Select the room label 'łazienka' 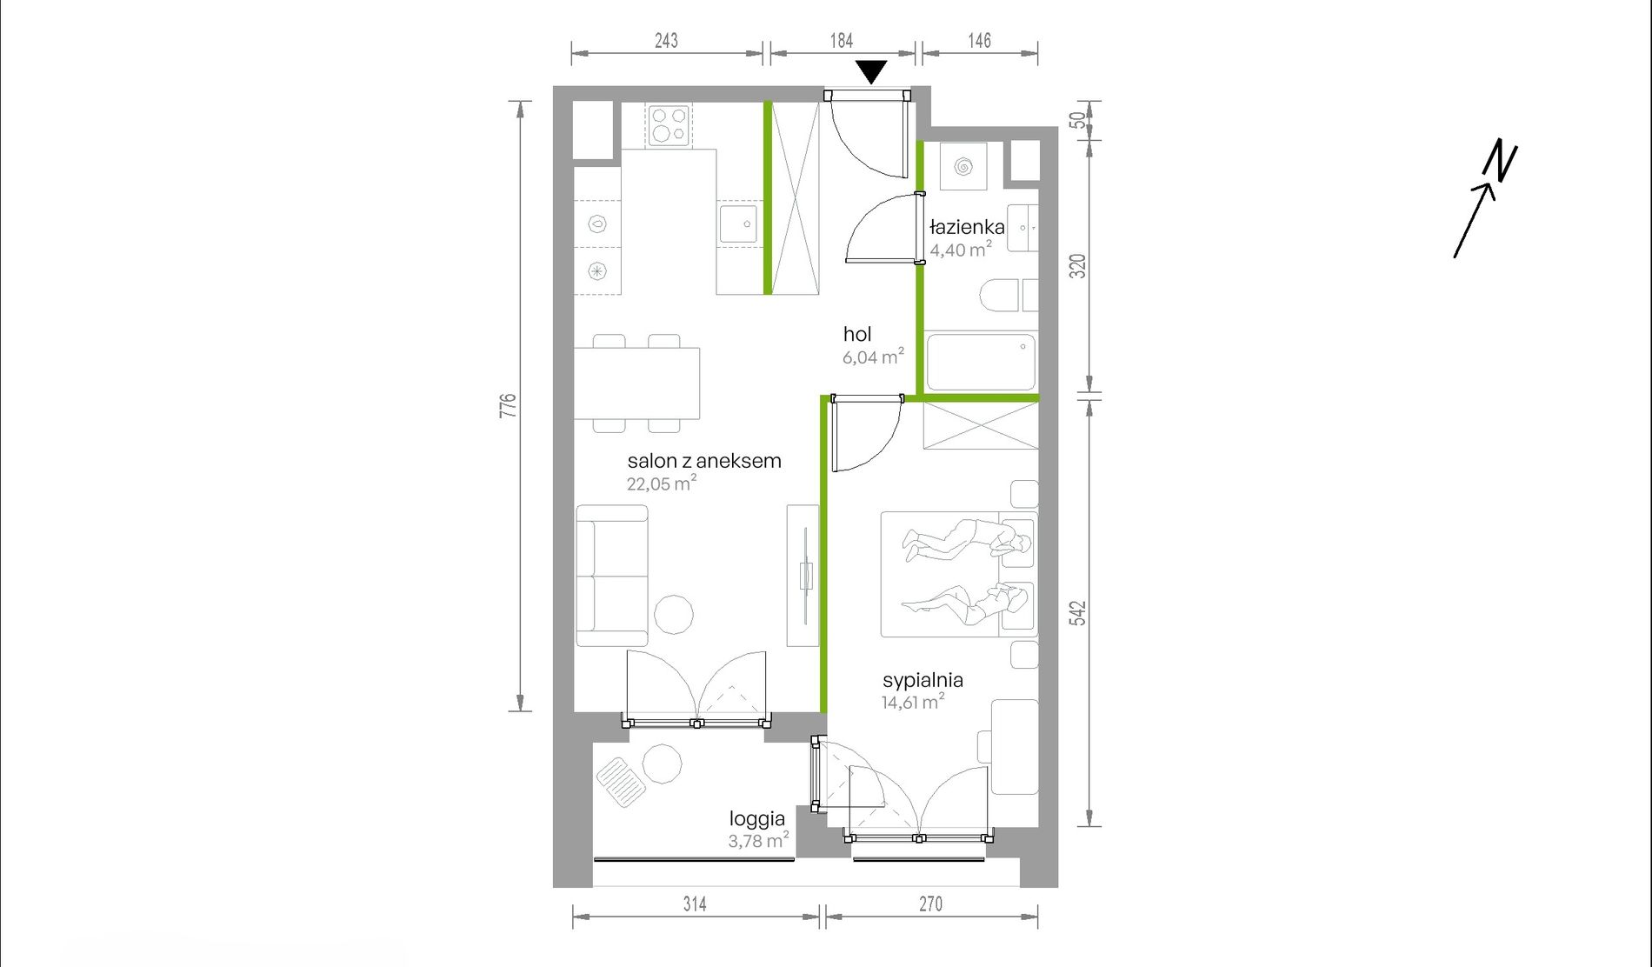[x=967, y=228]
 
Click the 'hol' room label [x=857, y=334]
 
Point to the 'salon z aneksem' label [x=704, y=461]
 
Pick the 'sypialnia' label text [x=923, y=680]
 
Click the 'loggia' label [x=757, y=818]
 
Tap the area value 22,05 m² [x=662, y=483]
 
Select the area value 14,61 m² [x=913, y=702]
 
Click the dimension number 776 [x=508, y=405]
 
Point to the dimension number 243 [x=666, y=40]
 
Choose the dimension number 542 [x=1078, y=613]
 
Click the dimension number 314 [x=695, y=904]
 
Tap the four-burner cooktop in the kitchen [x=669, y=125]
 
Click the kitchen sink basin [x=740, y=224]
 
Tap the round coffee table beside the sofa [x=673, y=615]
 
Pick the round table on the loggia [x=662, y=764]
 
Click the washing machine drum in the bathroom [x=963, y=166]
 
